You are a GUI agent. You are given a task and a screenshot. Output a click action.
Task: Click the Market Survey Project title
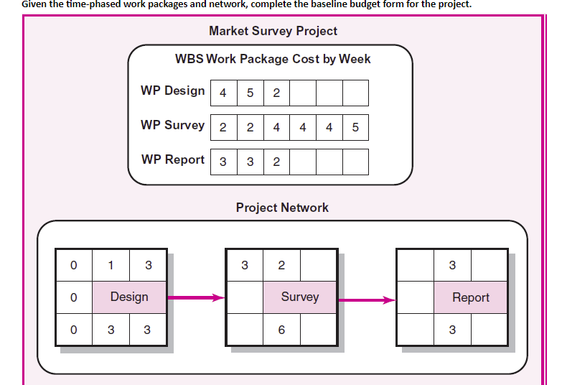[x=273, y=31]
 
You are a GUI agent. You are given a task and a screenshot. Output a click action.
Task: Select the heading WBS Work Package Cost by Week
[x=273, y=58]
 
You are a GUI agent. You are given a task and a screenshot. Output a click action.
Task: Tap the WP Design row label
[x=172, y=91]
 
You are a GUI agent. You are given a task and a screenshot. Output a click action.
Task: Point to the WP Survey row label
[x=172, y=125]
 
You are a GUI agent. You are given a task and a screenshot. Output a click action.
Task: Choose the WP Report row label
[x=172, y=159]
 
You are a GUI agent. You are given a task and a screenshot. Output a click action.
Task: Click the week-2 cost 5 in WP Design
[x=250, y=93]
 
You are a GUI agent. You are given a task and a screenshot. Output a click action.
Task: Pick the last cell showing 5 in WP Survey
[x=355, y=127]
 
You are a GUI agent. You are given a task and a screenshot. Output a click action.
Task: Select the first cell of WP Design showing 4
[x=223, y=93]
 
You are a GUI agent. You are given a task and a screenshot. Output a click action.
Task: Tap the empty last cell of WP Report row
[x=355, y=162]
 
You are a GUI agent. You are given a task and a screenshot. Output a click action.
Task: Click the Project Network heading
[x=282, y=208]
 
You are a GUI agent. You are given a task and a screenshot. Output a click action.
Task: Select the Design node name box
[x=129, y=297]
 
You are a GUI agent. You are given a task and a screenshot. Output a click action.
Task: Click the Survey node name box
[x=300, y=297]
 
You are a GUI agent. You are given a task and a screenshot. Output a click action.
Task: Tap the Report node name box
[x=471, y=297]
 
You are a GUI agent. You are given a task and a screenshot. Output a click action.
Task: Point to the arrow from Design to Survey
[x=196, y=297]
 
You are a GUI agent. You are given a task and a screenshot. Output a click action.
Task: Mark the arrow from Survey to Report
[x=367, y=300]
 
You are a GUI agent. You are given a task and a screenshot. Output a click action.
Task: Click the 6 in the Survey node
[x=281, y=330]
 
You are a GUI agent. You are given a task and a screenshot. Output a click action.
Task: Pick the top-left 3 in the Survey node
[x=245, y=265]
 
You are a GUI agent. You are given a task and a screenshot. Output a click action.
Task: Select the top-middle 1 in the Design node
[x=111, y=265]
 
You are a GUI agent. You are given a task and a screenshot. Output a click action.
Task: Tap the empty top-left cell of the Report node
[x=416, y=265]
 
